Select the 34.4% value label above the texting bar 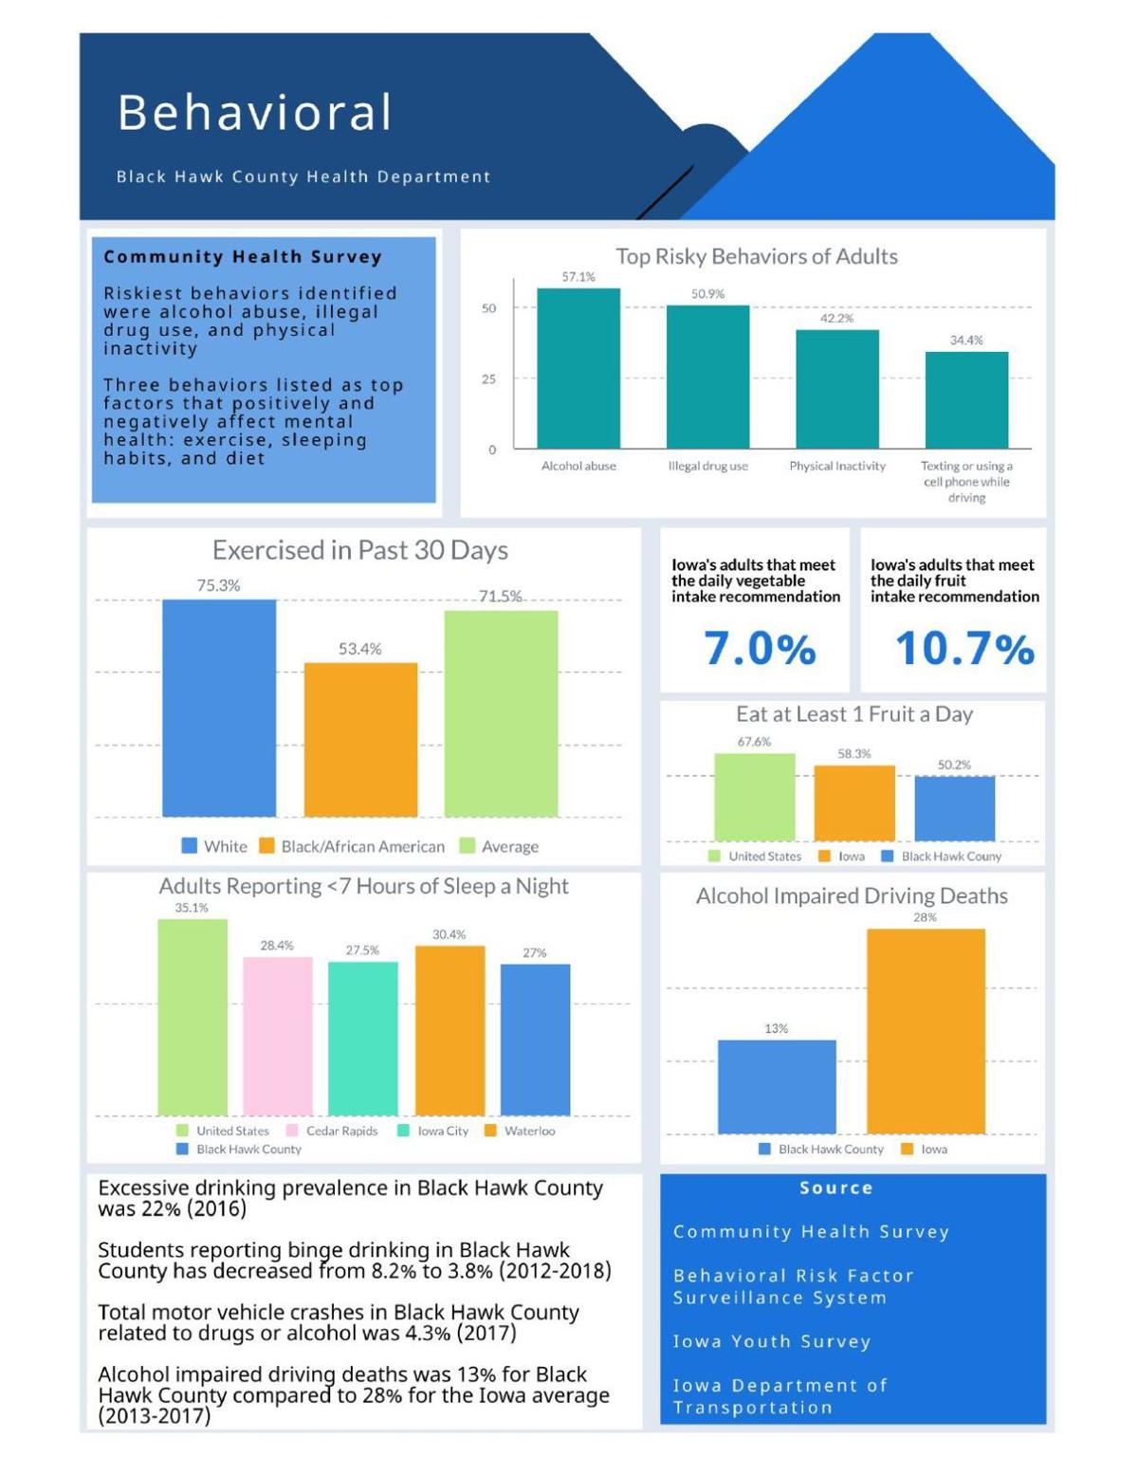pyautogui.click(x=966, y=340)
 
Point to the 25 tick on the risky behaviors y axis pyautogui.click(x=488, y=378)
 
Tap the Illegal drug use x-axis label pyautogui.click(x=707, y=466)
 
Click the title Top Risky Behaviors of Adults pyautogui.click(x=756, y=256)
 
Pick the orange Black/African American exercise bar pyautogui.click(x=360, y=739)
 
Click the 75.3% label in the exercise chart pyautogui.click(x=218, y=585)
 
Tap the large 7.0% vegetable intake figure pyautogui.click(x=760, y=649)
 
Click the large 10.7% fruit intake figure pyautogui.click(x=964, y=649)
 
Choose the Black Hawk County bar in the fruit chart pyautogui.click(x=954, y=808)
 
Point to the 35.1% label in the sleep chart pyautogui.click(x=192, y=908)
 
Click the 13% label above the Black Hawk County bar pyautogui.click(x=776, y=1028)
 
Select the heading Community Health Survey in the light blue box pyautogui.click(x=243, y=256)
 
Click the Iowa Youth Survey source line pyautogui.click(x=771, y=1341)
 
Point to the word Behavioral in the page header pyautogui.click(x=254, y=112)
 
